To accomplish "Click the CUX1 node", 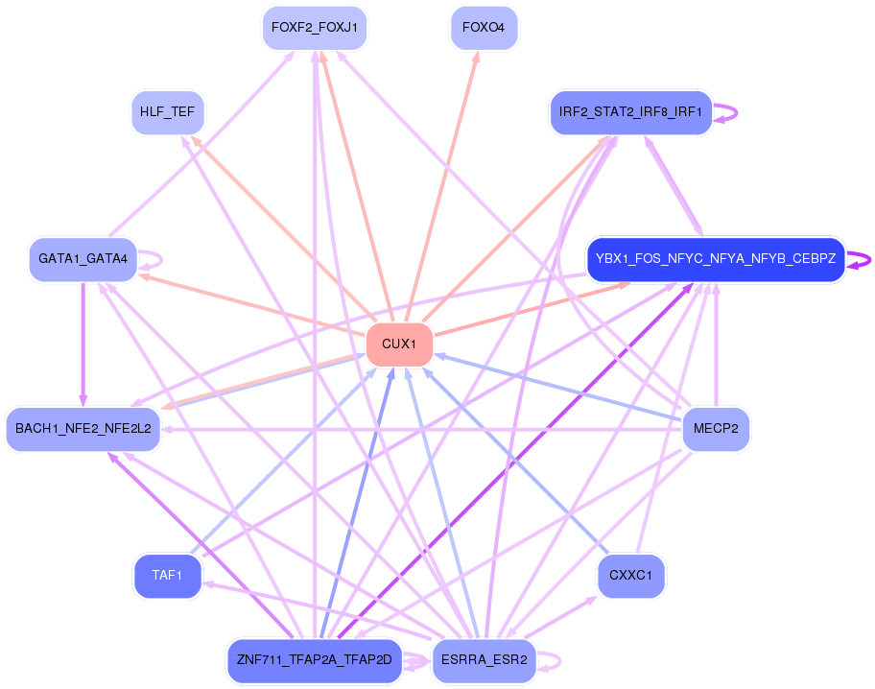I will point(399,344).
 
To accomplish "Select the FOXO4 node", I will point(483,28).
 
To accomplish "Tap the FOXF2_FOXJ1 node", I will point(314,28).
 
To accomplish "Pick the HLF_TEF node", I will point(167,112).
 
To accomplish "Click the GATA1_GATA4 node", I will point(83,259).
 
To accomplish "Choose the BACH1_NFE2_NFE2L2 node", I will point(83,428).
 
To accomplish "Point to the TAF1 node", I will point(167,576).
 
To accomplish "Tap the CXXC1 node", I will point(630,576).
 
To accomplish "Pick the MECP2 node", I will point(715,428).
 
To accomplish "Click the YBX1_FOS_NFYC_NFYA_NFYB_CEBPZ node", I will point(715,259).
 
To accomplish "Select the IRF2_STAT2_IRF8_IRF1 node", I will point(630,112).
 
